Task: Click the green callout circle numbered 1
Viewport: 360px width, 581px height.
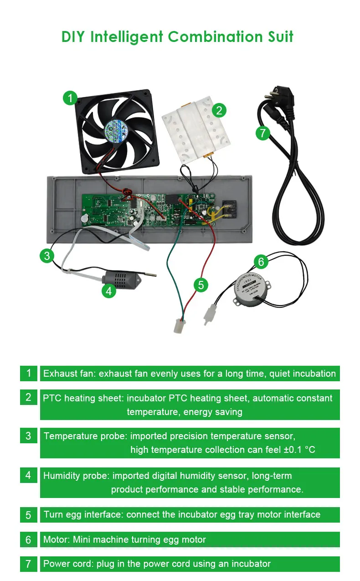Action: click(70, 98)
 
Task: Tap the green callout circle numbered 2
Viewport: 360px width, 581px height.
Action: click(219, 110)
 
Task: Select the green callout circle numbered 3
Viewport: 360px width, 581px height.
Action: click(47, 256)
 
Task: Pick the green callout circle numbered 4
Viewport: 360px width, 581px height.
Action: click(108, 290)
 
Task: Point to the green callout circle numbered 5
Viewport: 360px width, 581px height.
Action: click(201, 285)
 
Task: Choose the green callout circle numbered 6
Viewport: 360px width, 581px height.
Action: click(261, 262)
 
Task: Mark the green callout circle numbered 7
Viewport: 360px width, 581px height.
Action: click(262, 133)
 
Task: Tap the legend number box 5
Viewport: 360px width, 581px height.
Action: click(28, 515)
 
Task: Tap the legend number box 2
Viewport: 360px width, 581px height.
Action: click(28, 397)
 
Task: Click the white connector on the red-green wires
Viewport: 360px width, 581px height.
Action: click(179, 325)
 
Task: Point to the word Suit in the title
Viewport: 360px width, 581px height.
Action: click(277, 36)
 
